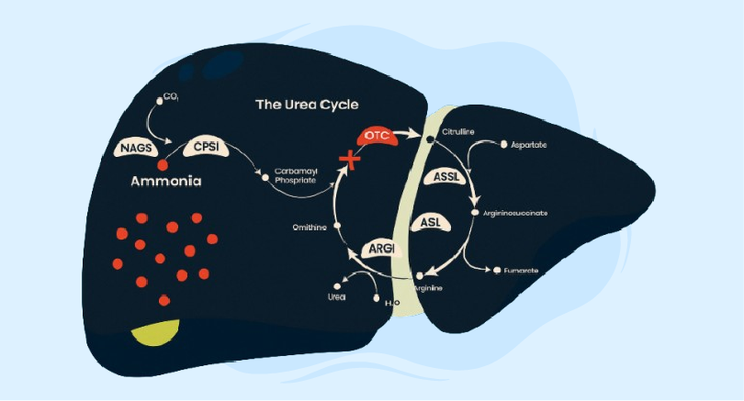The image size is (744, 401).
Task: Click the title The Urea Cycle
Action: (307, 105)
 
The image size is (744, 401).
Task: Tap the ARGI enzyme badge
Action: (381, 249)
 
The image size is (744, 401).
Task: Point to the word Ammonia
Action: (165, 182)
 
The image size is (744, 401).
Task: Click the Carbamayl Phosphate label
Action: (295, 175)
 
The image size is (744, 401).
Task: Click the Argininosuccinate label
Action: (515, 213)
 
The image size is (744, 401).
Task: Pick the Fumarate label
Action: (521, 271)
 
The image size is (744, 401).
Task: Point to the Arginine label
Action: (428, 288)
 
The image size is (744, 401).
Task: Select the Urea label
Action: (338, 297)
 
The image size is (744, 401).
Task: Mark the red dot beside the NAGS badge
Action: (163, 164)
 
